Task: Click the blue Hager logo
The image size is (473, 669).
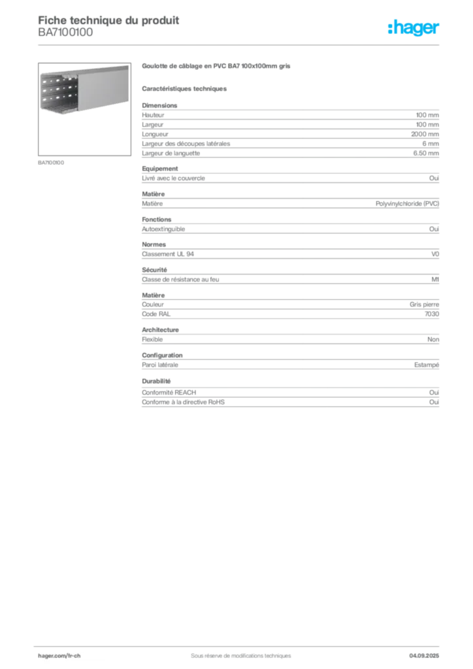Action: click(415, 29)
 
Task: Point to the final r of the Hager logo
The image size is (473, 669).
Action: click(438, 30)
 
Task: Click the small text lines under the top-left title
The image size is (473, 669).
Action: click(65, 37)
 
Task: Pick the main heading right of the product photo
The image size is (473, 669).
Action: click(216, 67)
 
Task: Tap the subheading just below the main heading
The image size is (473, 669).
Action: click(186, 88)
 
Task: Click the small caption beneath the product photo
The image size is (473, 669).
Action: click(52, 161)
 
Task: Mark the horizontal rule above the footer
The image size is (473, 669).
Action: click(240, 643)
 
